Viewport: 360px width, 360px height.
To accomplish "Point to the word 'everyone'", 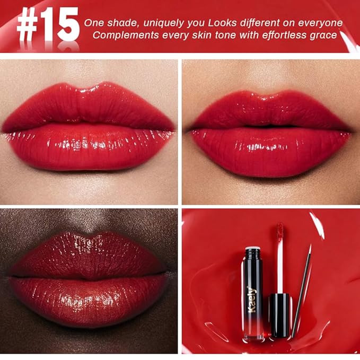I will (318, 23).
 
